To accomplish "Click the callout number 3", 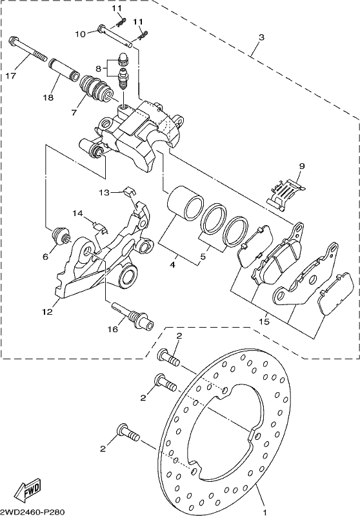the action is point(261,37).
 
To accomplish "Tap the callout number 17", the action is point(11,76).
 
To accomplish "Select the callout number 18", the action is point(48,98).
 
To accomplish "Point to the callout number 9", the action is point(302,166).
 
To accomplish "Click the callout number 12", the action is point(47,312).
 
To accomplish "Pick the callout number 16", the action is point(113,329).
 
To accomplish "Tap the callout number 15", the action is point(265,321).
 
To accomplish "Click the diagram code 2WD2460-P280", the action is point(32,512).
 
